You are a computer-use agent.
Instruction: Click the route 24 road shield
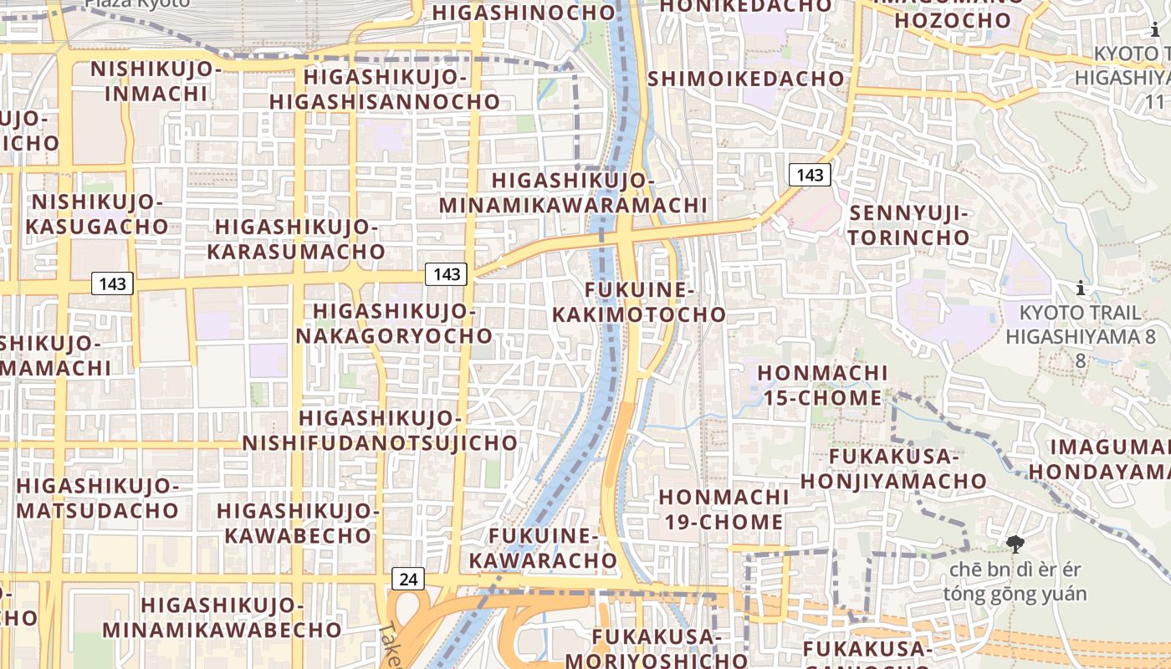(407, 579)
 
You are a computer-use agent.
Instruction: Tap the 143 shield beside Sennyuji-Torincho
(810, 175)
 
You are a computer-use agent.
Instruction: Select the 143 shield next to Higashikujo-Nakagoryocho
(446, 273)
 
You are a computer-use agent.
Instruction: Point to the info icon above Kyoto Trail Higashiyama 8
(1081, 289)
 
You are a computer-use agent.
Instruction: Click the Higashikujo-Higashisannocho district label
(385, 89)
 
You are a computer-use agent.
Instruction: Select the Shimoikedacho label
(746, 79)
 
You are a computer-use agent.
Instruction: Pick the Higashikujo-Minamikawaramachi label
(573, 193)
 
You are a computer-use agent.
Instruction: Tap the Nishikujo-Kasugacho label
(96, 214)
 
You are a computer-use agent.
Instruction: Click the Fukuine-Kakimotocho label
(639, 303)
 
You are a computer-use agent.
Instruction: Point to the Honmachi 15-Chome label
(822, 385)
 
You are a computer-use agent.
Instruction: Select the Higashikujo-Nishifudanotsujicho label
(380, 431)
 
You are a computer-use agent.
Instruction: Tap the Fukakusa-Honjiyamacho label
(893, 469)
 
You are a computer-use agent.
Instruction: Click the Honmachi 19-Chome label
(723, 509)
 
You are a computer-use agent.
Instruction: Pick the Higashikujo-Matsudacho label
(97, 498)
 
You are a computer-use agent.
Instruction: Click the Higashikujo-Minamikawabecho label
(222, 617)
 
